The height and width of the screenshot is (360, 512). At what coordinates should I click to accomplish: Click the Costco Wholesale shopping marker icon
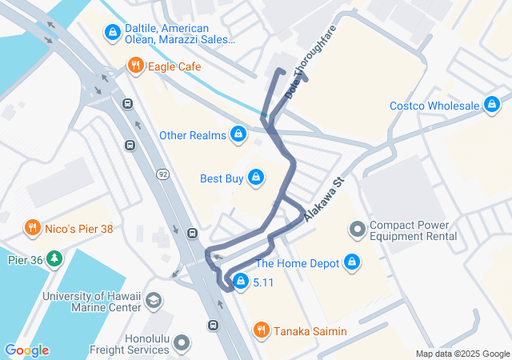coord(492,106)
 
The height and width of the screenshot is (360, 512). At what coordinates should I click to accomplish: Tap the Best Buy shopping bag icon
coord(255,178)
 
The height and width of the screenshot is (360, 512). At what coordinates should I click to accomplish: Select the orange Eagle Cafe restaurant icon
coord(136,66)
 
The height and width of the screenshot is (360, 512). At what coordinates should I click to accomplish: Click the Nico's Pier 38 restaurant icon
coord(33,228)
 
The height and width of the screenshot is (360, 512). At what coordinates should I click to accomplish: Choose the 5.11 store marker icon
coord(240,282)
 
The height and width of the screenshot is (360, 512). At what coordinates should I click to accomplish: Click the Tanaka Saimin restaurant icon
coord(261,330)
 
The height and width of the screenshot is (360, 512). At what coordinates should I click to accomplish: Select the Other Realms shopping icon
coord(238,134)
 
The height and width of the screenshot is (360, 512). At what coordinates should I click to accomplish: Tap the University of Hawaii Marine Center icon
coord(153,302)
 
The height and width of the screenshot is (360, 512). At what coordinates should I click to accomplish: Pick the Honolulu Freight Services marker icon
coord(182,343)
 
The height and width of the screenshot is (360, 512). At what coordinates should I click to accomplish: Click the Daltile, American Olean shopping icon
coord(112,33)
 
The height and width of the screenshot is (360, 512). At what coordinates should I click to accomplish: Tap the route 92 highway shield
coord(162,174)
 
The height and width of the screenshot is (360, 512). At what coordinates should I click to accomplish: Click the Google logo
coord(26,350)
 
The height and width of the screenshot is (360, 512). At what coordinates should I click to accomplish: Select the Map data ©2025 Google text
coord(462,354)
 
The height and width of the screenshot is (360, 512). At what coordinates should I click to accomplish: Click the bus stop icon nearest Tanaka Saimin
coord(213,325)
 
